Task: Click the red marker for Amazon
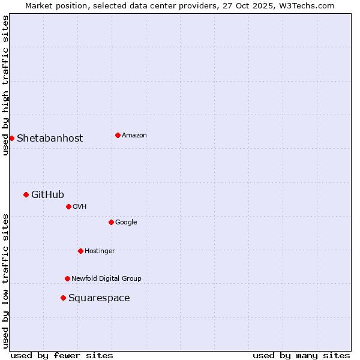(x=118, y=135)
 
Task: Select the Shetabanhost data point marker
(x=11, y=138)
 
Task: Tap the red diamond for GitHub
(x=26, y=194)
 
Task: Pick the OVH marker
(x=68, y=206)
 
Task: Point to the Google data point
(x=111, y=222)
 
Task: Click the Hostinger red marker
(x=80, y=251)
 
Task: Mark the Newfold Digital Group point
(x=67, y=278)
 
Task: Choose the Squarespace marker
(x=63, y=298)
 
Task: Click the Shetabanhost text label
(x=50, y=138)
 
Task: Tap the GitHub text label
(x=47, y=194)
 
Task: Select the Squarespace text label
(x=99, y=298)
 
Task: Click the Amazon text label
(x=134, y=135)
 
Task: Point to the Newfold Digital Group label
(x=106, y=278)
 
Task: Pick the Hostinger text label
(x=100, y=251)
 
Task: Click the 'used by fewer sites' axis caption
(x=62, y=355)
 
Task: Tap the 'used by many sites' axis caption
(x=301, y=355)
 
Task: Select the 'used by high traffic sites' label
(x=5, y=85)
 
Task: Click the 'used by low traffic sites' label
(x=5, y=281)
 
